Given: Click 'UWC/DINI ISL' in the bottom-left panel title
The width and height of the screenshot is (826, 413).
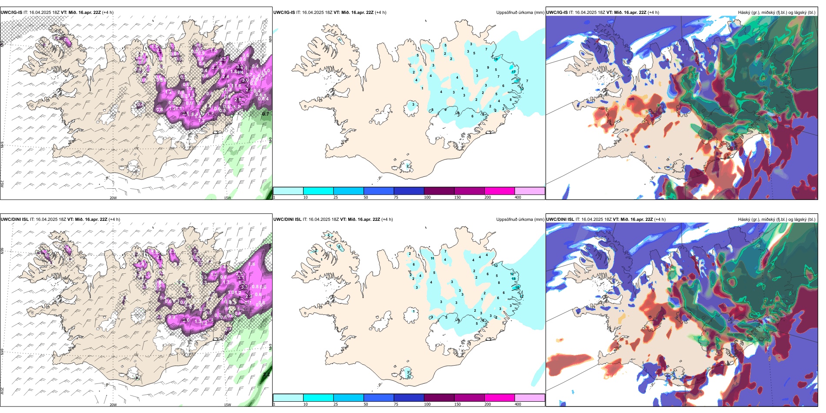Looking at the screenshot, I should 14,220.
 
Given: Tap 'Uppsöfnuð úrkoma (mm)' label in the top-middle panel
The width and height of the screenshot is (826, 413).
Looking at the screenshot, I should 520,13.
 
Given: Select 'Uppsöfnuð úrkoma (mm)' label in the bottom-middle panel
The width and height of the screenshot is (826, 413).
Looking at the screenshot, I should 520,220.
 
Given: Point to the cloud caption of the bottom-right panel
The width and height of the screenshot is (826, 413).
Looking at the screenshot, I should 776,220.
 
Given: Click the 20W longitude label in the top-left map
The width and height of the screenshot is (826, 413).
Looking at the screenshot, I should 113,198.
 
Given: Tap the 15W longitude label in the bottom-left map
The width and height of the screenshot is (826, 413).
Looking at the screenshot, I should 227,405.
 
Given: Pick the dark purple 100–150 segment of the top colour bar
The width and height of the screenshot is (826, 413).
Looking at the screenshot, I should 439,191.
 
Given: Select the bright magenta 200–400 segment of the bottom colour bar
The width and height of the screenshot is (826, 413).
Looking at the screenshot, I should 500,398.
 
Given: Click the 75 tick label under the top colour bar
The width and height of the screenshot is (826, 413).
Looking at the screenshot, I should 396,197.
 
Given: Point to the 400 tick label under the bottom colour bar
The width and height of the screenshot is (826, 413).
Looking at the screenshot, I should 518,404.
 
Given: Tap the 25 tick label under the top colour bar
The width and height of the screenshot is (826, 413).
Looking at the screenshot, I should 336,197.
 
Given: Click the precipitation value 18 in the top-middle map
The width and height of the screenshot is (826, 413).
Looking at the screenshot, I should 496,59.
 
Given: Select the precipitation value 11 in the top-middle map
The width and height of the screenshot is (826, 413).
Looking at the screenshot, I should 432,51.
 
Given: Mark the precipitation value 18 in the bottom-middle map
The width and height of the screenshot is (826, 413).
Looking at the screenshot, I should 517,287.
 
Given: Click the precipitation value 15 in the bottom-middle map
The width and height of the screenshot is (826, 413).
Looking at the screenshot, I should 514,279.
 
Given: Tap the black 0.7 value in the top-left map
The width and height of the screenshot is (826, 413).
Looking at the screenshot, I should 265,114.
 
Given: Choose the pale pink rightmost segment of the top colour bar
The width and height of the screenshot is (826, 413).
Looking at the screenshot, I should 530,191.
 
